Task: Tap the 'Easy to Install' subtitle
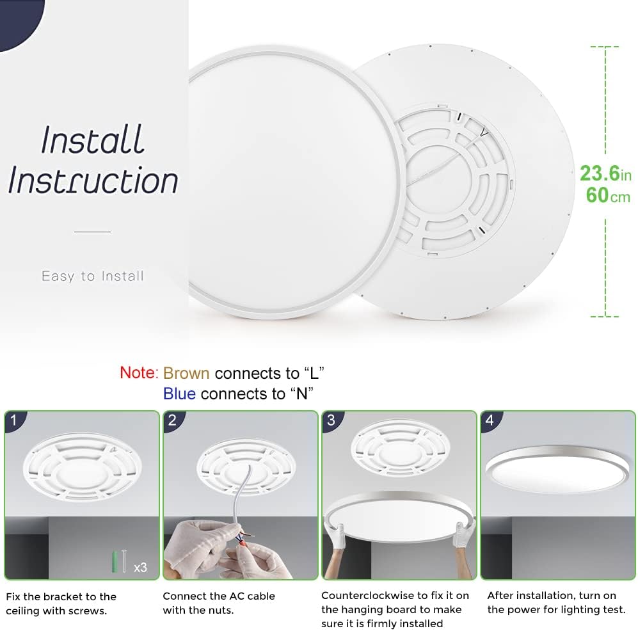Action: click(93, 276)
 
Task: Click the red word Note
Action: click(137, 372)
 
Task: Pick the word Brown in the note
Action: click(186, 373)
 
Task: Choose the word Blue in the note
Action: click(179, 394)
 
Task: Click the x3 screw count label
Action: click(140, 567)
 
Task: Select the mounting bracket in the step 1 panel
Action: click(81, 470)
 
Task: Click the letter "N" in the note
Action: click(301, 394)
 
